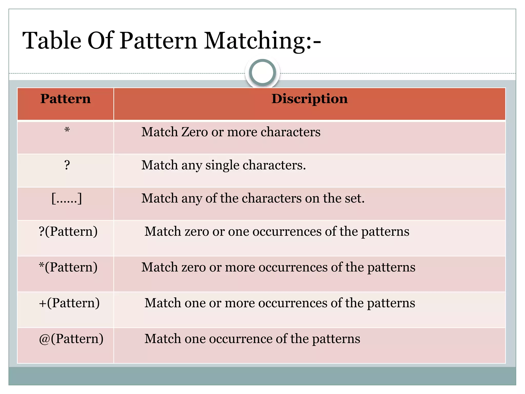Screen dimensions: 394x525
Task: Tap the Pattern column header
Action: click(x=66, y=99)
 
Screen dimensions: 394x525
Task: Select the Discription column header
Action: click(x=309, y=99)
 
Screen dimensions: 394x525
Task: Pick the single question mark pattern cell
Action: click(x=67, y=165)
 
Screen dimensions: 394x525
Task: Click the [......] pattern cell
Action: click(x=67, y=198)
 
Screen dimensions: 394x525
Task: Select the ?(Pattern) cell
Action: click(x=68, y=231)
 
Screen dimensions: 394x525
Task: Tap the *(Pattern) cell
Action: click(x=68, y=267)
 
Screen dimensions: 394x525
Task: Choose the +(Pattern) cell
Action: click(x=69, y=303)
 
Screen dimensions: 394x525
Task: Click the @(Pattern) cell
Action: click(x=71, y=339)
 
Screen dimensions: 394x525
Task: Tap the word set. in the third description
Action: click(x=354, y=198)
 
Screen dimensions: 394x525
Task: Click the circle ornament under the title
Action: click(x=262, y=72)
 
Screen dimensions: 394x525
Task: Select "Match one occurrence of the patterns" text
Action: click(x=252, y=339)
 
